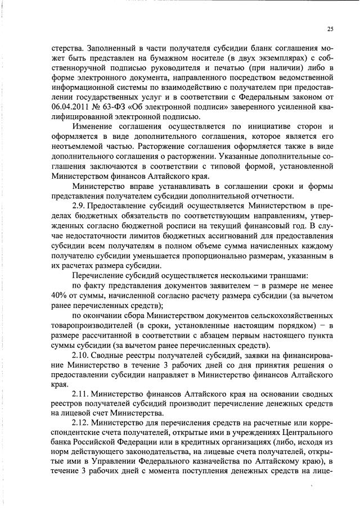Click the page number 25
[329, 30]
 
